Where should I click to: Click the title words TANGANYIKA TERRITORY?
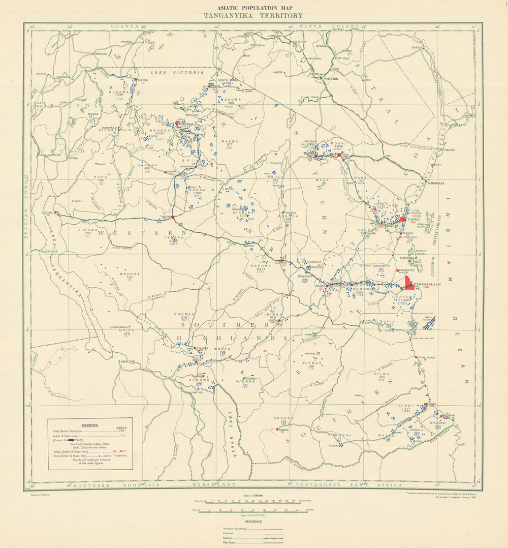[253, 16]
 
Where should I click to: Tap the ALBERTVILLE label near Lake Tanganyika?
[50, 251]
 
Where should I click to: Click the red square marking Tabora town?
[173, 217]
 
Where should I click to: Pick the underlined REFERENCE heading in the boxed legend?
[89, 424]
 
